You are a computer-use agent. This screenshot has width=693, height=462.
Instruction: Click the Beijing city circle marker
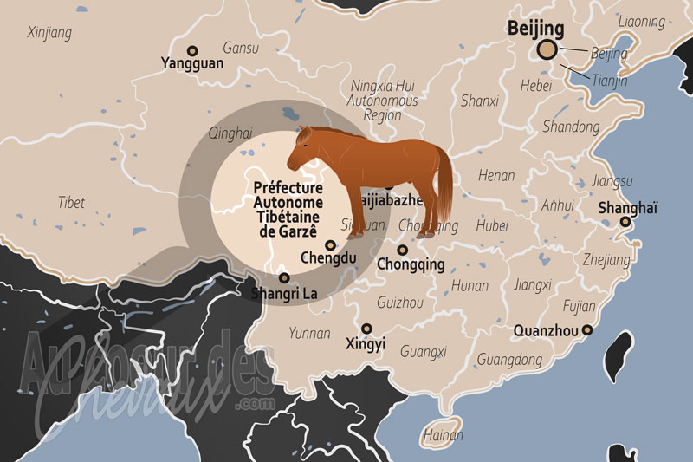click(x=547, y=50)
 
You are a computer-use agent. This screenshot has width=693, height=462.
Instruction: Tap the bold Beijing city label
click(x=534, y=29)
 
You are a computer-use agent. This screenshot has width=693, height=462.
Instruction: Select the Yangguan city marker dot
click(x=192, y=51)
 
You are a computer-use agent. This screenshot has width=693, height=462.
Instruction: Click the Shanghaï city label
click(x=628, y=208)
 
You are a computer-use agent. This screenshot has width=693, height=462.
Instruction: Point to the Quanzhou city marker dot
click(x=587, y=330)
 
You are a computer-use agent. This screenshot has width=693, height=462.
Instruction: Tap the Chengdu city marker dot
click(x=330, y=245)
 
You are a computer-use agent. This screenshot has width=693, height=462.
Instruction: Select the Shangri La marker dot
click(x=284, y=278)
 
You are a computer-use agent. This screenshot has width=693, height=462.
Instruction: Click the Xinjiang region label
click(x=49, y=33)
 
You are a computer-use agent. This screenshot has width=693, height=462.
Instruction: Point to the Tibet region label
click(x=71, y=203)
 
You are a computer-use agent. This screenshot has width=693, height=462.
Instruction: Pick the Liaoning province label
click(x=643, y=20)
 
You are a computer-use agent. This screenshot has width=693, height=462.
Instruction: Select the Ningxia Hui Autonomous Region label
click(x=382, y=100)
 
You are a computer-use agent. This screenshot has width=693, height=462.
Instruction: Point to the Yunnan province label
click(x=309, y=332)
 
